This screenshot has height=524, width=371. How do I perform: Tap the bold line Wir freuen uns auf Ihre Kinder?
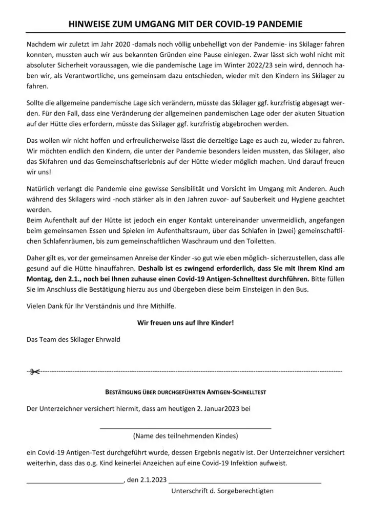185,322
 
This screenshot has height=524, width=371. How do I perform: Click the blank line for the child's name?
185,427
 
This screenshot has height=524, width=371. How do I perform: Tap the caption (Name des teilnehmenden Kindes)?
185,436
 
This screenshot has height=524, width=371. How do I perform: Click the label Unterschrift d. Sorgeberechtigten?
222,490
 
